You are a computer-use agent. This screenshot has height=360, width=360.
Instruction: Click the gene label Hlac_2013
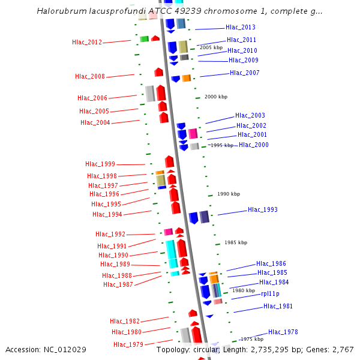[x=241, y=27]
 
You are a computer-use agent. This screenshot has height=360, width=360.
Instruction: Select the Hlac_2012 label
[x=87, y=42]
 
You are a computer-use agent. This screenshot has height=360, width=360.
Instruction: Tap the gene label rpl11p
[x=270, y=294]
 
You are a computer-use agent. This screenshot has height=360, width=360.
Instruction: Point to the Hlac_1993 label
[x=263, y=210]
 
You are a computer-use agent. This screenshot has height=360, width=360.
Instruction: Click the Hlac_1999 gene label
[x=100, y=164]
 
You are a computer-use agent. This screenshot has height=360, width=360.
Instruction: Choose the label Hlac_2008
[x=90, y=77]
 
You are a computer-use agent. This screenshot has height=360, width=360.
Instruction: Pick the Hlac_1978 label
[x=283, y=332]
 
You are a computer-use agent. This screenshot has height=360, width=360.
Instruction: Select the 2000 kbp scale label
[x=216, y=97]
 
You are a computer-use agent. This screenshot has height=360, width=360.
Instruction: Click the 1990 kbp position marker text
[x=229, y=194]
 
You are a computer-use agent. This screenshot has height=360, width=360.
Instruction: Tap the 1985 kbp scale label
[x=236, y=242]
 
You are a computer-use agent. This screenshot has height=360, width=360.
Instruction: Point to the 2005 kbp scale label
[x=211, y=47]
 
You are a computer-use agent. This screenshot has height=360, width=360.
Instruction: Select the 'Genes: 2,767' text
[x=333, y=349]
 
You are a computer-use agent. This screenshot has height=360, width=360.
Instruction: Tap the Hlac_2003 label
[x=250, y=116]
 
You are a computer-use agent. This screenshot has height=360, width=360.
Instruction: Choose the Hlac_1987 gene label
[x=118, y=284]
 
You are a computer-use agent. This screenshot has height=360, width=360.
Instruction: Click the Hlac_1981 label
[x=278, y=306]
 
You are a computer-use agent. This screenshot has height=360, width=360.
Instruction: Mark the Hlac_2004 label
[x=95, y=122]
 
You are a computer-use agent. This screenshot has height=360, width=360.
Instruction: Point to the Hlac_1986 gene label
[x=271, y=263]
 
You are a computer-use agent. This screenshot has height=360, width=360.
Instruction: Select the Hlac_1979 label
[x=128, y=344]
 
